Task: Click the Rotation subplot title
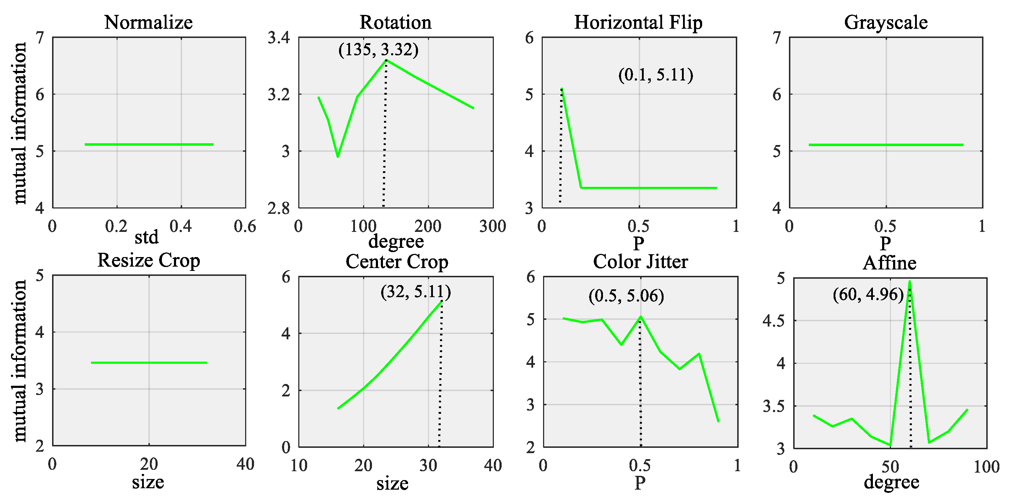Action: tap(395, 22)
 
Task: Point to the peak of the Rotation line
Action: tap(386, 60)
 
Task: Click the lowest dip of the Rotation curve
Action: tap(338, 156)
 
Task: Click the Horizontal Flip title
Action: tap(638, 22)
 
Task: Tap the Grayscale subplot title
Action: tap(886, 22)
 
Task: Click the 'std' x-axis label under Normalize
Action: tap(146, 237)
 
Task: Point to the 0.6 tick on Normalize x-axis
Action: tap(245, 226)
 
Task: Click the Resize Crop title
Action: tap(148, 260)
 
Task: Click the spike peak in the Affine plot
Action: tap(910, 281)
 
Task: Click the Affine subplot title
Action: tap(889, 263)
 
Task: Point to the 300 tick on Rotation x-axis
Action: tap(492, 226)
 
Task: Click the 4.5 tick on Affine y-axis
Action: tap(774, 321)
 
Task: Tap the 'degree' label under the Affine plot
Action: tap(891, 482)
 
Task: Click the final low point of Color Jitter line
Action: tap(718, 421)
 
